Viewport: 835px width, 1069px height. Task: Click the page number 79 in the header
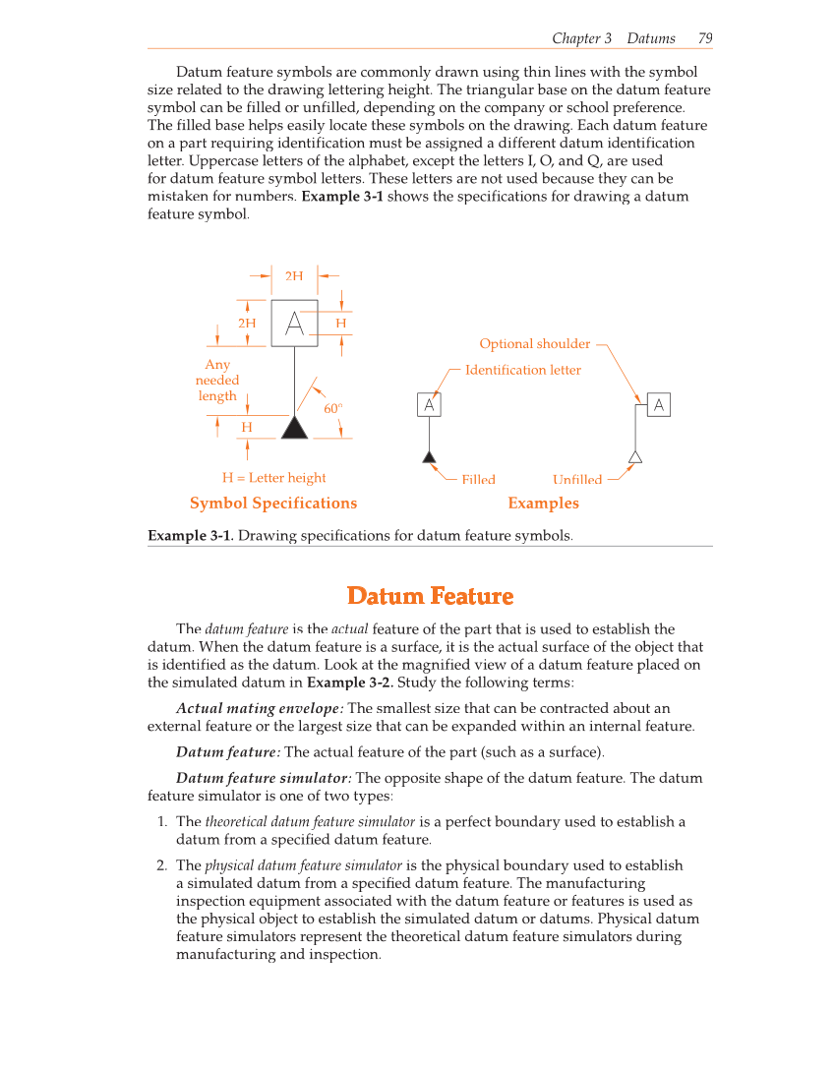[704, 38]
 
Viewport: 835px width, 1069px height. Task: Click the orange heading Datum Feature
[430, 596]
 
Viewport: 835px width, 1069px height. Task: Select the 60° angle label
[332, 408]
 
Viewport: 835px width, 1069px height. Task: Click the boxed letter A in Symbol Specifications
[294, 324]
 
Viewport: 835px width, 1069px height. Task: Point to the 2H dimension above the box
[294, 276]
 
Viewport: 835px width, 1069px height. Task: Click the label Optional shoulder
[534, 343]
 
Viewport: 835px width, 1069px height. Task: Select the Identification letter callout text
[522, 370]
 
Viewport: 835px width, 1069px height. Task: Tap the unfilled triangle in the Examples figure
[635, 456]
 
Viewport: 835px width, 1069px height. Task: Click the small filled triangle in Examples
[429, 456]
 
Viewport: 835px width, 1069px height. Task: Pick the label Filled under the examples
[478, 479]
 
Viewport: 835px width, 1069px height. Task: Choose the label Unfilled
[576, 479]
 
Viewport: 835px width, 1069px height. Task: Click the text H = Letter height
[273, 478]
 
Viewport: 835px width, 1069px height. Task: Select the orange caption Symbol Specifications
[273, 503]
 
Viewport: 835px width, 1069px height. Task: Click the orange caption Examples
[543, 503]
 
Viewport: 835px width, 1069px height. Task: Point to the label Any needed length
[217, 380]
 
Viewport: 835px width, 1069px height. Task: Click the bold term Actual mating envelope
[260, 708]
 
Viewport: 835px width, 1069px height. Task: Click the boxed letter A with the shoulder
[658, 405]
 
